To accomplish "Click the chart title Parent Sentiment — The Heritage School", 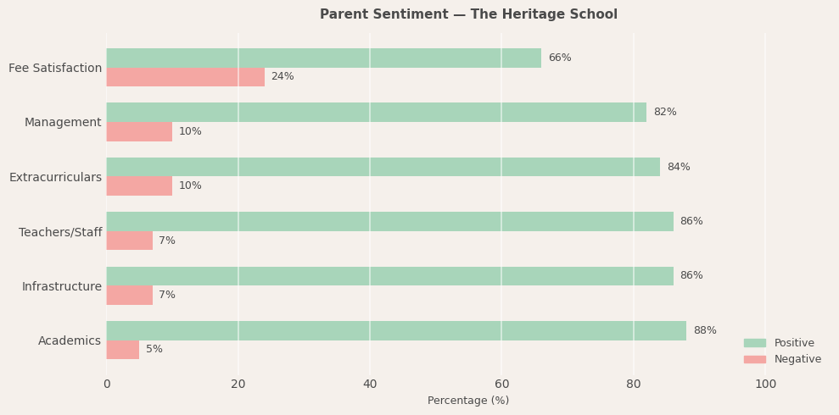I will click(468, 14).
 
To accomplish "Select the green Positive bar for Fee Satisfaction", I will click(323, 58).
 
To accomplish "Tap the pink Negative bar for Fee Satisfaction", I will click(185, 77).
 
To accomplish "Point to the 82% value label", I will click(664, 113).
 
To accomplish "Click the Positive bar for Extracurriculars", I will click(383, 167).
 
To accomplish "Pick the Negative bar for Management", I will click(139, 131).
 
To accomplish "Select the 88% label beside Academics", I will click(704, 331).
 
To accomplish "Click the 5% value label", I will click(154, 350).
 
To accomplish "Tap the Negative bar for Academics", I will click(122, 350).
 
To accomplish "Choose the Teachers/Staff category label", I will click(60, 232).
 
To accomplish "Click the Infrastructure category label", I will click(61, 287).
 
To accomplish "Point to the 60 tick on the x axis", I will click(501, 385).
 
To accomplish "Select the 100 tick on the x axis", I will click(765, 385).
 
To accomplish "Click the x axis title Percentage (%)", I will click(468, 401).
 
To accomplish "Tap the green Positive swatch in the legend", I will click(754, 343).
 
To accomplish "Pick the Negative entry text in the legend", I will click(797, 359).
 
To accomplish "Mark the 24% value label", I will click(282, 77).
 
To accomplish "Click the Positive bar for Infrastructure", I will click(389, 276).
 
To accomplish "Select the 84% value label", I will click(678, 168).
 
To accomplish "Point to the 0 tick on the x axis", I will click(107, 385).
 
